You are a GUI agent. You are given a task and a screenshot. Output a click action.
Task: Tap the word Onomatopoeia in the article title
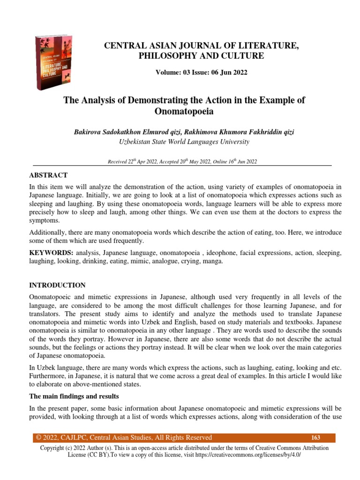click(183, 111)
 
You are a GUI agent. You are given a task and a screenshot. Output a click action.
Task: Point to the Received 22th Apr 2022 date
click(131, 162)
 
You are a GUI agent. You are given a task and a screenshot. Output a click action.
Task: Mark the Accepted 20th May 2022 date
click(183, 162)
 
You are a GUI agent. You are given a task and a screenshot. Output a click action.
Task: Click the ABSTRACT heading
click(49, 175)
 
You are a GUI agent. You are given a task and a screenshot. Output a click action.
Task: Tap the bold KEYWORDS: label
click(51, 253)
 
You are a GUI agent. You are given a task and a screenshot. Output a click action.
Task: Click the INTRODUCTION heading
click(57, 285)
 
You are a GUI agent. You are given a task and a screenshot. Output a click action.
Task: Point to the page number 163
click(315, 438)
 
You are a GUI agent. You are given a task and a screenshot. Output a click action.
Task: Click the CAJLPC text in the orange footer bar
click(69, 438)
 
